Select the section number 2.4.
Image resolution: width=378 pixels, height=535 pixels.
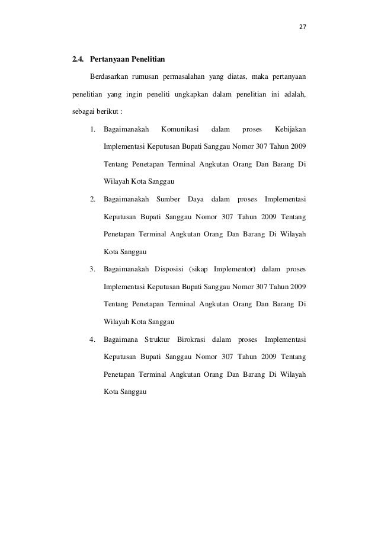click(x=78, y=60)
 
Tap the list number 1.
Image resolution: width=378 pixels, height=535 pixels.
click(x=93, y=129)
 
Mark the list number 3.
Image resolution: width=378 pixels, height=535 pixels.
click(x=93, y=270)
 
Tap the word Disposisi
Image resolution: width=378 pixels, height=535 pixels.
click(x=169, y=270)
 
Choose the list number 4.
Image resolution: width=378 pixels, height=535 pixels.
click(x=93, y=339)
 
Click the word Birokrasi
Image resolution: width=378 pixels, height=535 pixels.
click(x=194, y=339)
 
